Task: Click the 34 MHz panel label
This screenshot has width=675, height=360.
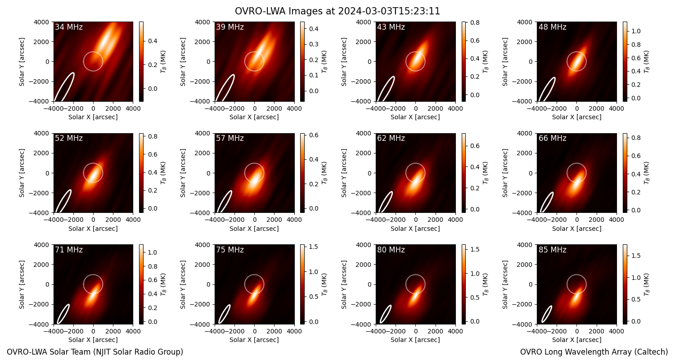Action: pyautogui.click(x=69, y=27)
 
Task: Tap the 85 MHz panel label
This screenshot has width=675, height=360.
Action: pyautogui.click(x=552, y=250)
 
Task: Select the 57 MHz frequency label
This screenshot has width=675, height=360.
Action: pyautogui.click(x=230, y=138)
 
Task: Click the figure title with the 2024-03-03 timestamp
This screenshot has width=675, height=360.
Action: pyautogui.click(x=337, y=11)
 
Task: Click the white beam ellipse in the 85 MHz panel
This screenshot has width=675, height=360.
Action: pyautogui.click(x=547, y=314)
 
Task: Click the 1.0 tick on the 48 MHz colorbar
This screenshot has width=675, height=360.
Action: pyautogui.click(x=636, y=31)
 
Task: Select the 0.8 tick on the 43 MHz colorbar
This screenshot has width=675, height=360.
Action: pyautogui.click(x=475, y=22)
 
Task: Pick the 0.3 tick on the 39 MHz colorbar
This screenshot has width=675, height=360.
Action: pyautogui.click(x=313, y=44)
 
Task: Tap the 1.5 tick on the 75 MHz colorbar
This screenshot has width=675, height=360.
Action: pyautogui.click(x=313, y=247)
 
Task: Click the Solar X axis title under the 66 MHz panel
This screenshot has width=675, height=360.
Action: pyautogui.click(x=576, y=229)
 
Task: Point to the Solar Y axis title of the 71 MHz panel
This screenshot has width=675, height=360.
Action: pyautogui.click(x=22, y=284)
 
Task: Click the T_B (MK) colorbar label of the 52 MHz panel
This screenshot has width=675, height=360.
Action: pyautogui.click(x=163, y=173)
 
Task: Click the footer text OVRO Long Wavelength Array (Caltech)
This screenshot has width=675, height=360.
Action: pyautogui.click(x=594, y=352)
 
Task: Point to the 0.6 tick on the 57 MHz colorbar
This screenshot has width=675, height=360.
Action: pyautogui.click(x=313, y=135)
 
